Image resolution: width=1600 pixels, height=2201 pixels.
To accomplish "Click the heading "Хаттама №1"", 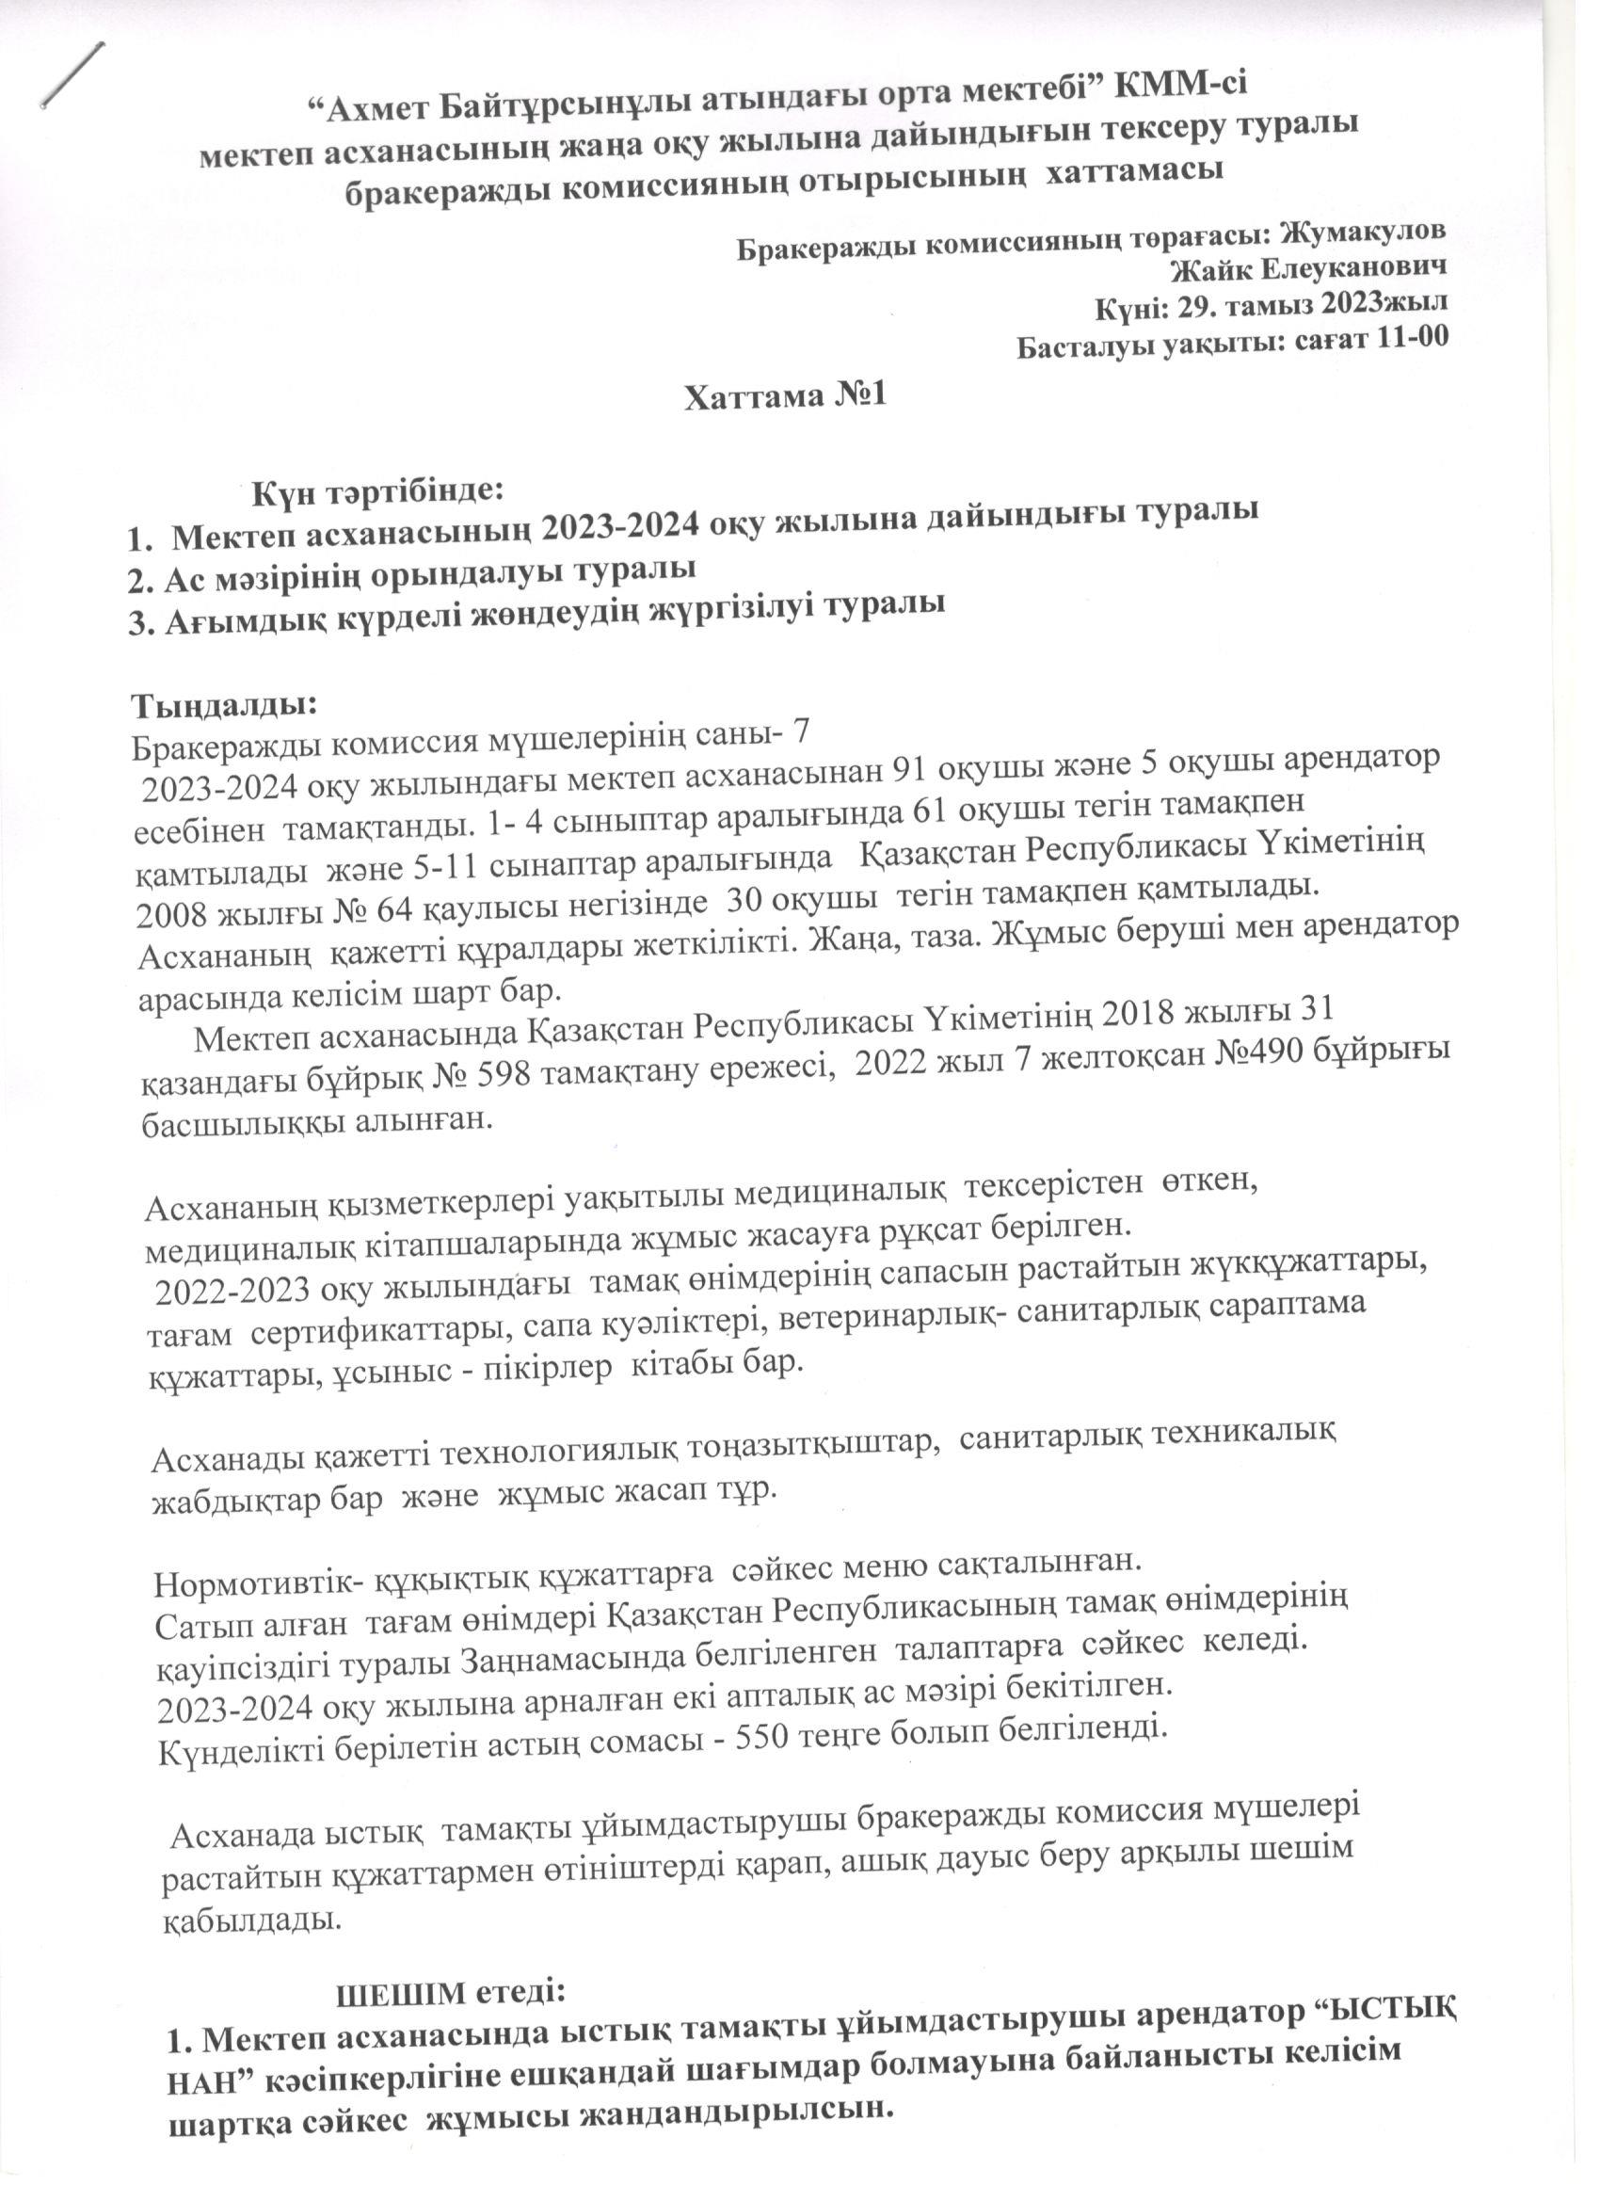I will [786, 397].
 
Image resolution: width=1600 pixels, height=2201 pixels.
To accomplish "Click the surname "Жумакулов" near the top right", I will [1364, 233].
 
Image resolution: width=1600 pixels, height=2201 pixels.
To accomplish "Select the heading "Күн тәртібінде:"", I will [378, 492].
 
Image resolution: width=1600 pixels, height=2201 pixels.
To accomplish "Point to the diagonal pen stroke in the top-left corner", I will [72, 72].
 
